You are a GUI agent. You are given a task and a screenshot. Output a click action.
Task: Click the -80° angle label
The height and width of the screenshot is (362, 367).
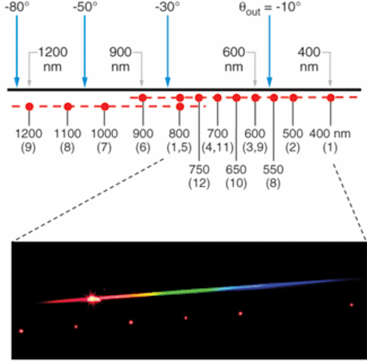click(x=17, y=7)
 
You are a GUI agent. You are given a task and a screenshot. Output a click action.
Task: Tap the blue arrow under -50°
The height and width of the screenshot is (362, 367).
click(x=85, y=51)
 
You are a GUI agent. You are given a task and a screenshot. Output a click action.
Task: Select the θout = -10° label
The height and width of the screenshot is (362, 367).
click(x=270, y=8)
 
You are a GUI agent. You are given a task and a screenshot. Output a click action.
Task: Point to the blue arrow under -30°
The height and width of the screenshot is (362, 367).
click(x=167, y=51)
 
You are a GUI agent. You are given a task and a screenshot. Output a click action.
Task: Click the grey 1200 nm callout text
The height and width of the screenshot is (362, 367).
click(x=53, y=60)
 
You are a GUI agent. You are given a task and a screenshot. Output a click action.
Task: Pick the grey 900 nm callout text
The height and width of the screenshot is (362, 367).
click(x=120, y=60)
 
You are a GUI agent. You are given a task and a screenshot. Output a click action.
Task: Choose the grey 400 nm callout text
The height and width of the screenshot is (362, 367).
click(x=309, y=60)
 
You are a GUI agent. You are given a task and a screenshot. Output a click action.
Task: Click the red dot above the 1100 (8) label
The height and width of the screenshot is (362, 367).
click(x=68, y=107)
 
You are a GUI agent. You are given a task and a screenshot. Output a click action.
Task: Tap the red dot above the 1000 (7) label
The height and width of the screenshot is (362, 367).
click(x=105, y=107)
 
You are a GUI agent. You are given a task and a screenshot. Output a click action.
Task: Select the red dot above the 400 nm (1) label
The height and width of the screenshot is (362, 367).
click(x=330, y=97)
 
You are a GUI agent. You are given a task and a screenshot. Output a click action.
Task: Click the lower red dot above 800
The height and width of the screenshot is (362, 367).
click(x=179, y=107)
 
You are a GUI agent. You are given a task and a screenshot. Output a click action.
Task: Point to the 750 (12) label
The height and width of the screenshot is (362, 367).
click(x=199, y=176)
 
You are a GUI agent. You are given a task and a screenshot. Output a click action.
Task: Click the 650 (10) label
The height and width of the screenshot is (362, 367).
click(x=236, y=176)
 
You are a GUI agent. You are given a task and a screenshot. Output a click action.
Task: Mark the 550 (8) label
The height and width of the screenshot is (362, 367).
click(x=273, y=176)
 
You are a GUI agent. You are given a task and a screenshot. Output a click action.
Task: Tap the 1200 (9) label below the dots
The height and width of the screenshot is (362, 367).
click(x=29, y=140)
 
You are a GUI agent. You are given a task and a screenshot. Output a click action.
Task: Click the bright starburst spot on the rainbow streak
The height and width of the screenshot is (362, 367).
click(x=93, y=298)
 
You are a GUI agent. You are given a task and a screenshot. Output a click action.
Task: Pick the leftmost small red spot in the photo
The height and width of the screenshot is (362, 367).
click(x=21, y=331)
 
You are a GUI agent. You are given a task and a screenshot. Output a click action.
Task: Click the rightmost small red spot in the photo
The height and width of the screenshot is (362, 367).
click(x=352, y=305)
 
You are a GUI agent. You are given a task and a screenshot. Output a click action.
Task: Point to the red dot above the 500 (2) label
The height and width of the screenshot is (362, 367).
click(x=293, y=97)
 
